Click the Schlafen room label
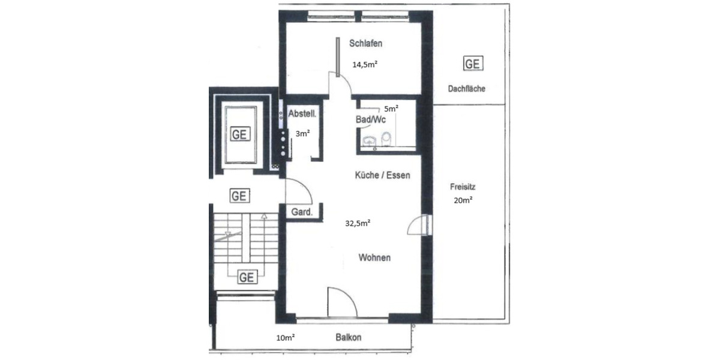point(366,43)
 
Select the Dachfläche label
point(466,89)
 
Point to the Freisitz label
point(463,187)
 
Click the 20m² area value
point(463,201)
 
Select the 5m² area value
point(391,109)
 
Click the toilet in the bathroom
point(387,139)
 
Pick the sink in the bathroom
point(369,141)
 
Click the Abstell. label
point(302,114)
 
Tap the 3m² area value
point(302,134)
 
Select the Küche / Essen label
point(382,176)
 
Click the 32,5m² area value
point(357,223)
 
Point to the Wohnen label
point(375,258)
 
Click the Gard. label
point(301,212)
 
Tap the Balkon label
point(349,338)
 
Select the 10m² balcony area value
point(285,338)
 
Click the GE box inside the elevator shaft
point(239,134)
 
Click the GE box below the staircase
point(247,277)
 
